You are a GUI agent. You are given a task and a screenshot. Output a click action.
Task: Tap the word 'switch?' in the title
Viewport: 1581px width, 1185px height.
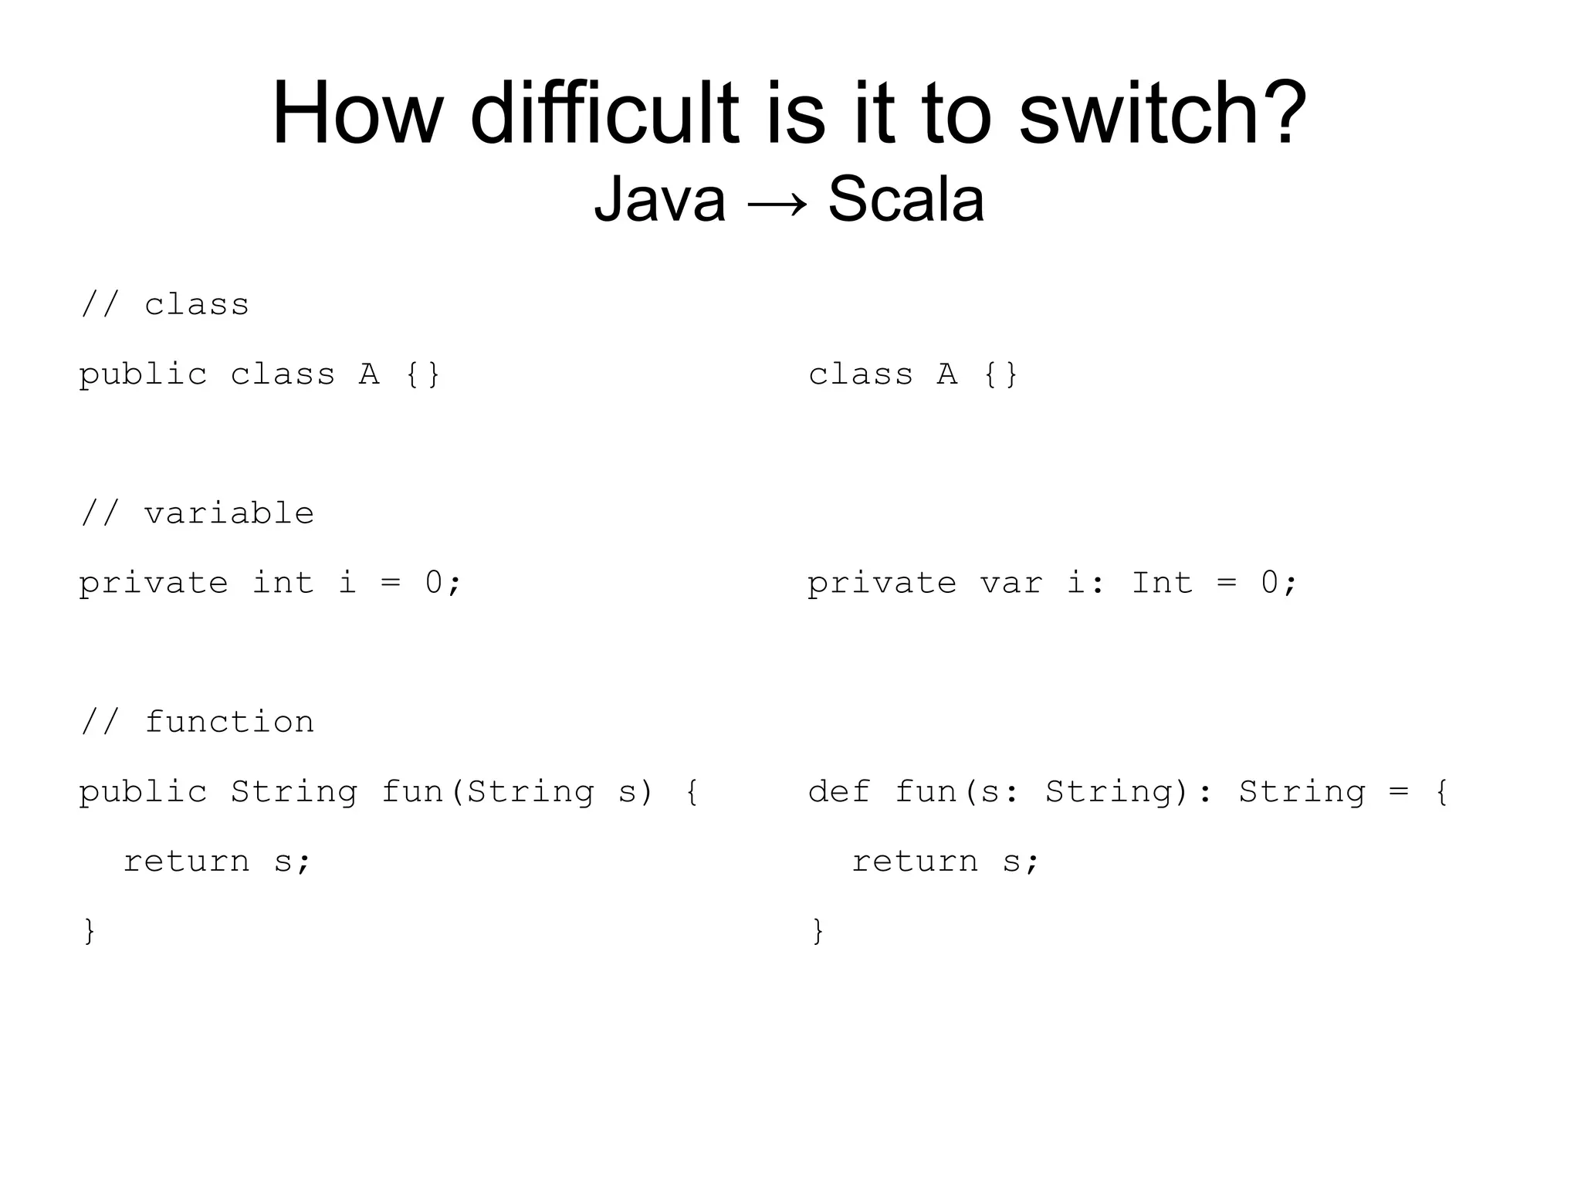tap(1163, 114)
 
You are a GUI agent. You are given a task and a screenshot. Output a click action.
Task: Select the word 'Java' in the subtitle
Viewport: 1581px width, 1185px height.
tap(659, 199)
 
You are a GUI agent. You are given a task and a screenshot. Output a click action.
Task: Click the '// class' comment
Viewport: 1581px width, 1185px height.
tap(165, 304)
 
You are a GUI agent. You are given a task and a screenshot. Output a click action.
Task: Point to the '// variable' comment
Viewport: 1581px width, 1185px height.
tap(198, 513)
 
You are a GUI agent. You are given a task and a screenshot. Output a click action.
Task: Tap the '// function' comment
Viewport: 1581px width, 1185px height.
tap(198, 722)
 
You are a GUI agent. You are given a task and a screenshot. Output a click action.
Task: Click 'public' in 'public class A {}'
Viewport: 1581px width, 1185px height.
tap(143, 375)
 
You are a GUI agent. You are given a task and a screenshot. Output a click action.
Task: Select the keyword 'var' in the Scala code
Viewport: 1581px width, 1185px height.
tap(1011, 584)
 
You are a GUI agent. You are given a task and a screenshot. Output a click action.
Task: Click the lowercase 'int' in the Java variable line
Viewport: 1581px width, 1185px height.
tap(283, 584)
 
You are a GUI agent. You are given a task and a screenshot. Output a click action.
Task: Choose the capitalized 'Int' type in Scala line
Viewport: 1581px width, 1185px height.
tap(1162, 584)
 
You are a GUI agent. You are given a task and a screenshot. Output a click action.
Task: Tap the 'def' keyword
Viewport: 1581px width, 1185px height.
tap(839, 792)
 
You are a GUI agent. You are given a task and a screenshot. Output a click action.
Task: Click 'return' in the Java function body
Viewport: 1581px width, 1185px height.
tap(187, 862)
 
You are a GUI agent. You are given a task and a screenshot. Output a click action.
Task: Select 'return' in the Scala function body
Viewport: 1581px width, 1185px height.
tap(915, 862)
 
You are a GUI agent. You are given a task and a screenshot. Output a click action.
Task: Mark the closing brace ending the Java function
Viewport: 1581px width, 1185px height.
tap(89, 931)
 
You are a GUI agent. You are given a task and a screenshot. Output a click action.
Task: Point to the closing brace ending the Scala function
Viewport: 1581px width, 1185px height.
tap(818, 931)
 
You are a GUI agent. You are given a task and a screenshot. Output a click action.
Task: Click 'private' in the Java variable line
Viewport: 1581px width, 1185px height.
tap(154, 584)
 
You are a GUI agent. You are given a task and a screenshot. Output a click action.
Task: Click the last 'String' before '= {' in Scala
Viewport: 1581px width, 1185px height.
tap(1302, 792)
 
